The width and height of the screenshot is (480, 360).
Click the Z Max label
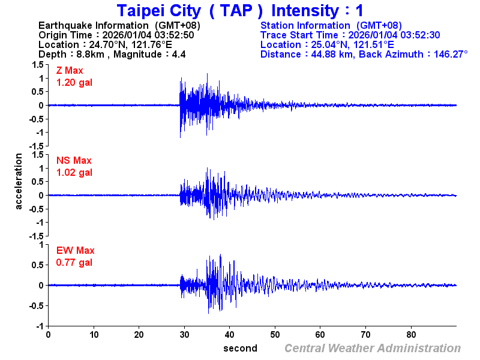pos(70,71)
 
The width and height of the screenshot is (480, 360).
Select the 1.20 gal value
pos(74,82)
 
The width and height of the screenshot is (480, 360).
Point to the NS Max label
pos(74,161)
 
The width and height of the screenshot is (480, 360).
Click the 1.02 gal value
pos(74,172)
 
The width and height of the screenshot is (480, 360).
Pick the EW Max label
pos(75,251)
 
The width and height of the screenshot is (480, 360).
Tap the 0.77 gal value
pos(74,262)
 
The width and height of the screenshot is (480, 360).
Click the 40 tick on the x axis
pos(230,335)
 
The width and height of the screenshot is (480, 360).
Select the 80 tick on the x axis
pos(412,335)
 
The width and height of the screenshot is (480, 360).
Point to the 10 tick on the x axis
pos(94,335)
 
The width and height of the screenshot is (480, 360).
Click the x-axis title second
pos(241,348)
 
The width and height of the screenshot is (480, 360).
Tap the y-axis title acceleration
pos(19,181)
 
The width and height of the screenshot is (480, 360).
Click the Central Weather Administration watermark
pos(373,349)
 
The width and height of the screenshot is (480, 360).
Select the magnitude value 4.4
pos(178,54)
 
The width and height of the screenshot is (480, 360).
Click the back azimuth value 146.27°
pos(447,54)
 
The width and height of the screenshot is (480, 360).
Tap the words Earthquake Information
pos(93,25)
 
